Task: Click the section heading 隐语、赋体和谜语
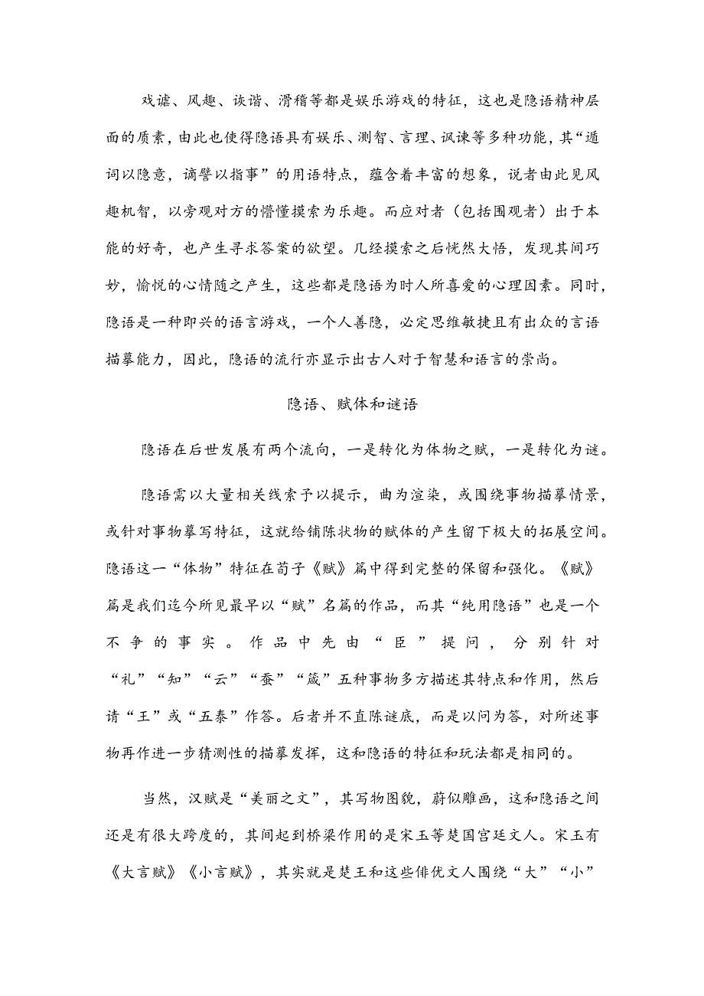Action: point(352,405)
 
